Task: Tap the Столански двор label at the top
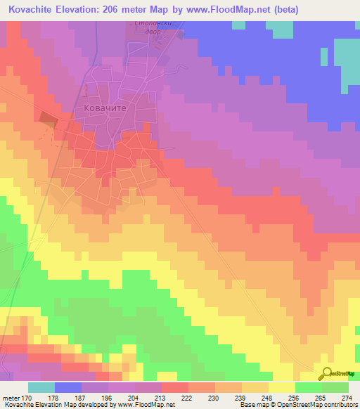tap(153, 27)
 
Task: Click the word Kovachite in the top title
tap(34, 10)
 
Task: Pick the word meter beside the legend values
tap(10, 398)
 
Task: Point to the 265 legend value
tap(322, 398)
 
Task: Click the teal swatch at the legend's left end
tap(41, 387)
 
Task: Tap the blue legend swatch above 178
tap(67, 387)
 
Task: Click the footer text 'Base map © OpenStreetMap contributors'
tap(297, 405)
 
